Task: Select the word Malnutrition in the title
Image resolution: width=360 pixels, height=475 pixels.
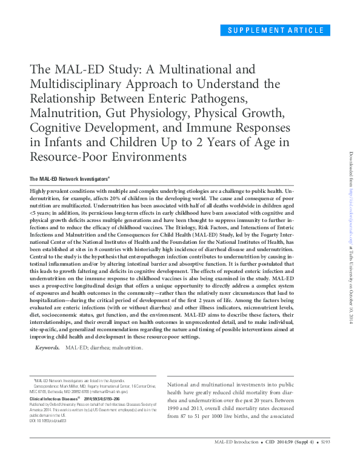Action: (67, 112)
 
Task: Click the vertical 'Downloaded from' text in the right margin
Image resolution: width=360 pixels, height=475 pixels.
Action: (350, 176)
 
